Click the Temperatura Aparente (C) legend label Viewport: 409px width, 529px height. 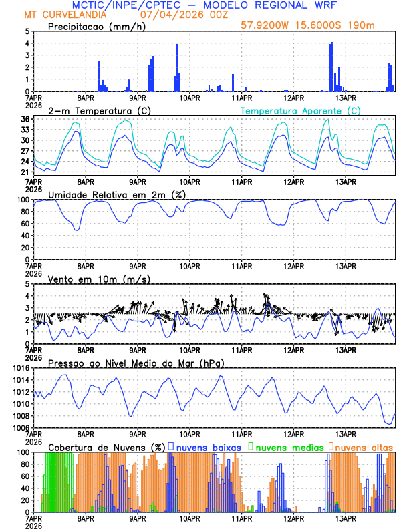pos(300,110)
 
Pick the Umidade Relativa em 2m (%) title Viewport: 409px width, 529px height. pos(117,194)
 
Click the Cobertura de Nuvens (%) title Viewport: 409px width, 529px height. pos(107,446)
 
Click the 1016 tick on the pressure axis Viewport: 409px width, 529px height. pos(20,368)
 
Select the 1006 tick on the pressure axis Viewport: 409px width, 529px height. pos(20,428)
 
